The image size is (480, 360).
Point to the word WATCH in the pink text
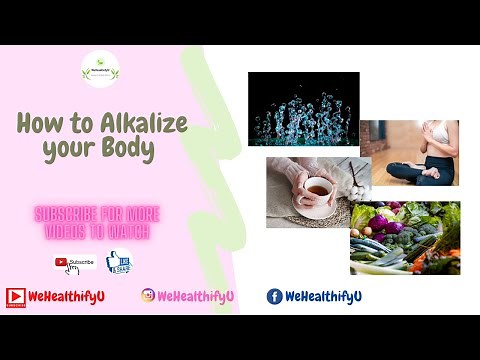coord(124,232)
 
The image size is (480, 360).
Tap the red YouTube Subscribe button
coord(75,263)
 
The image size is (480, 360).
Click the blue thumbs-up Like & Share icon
coord(119,263)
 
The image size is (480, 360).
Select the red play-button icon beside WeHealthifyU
coord(15,296)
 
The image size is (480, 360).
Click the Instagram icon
coord(148,296)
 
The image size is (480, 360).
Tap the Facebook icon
coord(274,296)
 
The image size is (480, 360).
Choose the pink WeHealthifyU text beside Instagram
coord(195,296)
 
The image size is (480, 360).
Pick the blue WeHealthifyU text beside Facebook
coord(323,296)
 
